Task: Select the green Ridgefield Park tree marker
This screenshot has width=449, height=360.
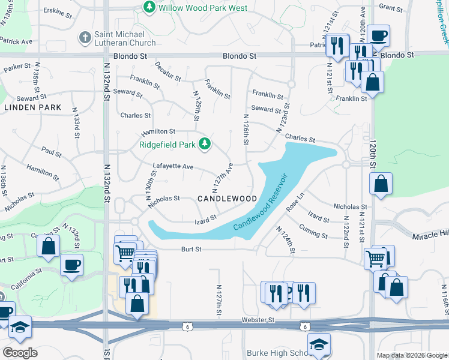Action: (205, 143)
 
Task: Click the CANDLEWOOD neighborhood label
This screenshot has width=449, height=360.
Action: (228, 199)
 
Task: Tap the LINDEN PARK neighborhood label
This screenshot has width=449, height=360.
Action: (33, 107)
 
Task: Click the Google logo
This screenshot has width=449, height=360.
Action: (19, 352)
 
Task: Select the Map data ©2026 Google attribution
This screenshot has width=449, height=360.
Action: (411, 355)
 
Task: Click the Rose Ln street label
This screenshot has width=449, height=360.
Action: (295, 202)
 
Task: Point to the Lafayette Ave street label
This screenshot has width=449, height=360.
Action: (173, 166)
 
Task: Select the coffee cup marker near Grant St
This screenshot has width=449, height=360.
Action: (378, 35)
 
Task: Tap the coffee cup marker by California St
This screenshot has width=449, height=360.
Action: (71, 265)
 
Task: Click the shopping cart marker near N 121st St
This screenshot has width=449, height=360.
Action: (376, 259)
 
